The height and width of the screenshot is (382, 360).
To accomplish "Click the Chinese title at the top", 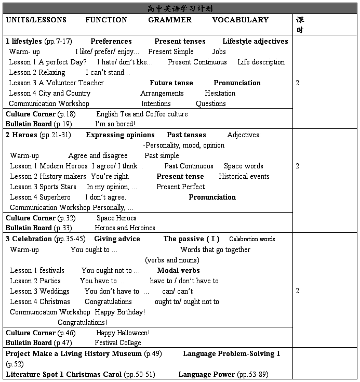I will click(180, 8).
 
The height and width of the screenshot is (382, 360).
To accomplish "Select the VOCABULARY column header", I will click(240, 20).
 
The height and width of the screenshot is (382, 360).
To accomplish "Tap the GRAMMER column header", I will click(170, 20).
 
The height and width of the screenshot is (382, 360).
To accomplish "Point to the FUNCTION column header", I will click(106, 20).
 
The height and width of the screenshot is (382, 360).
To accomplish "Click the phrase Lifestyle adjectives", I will click(255, 41).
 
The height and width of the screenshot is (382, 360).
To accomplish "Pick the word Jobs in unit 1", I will click(219, 51).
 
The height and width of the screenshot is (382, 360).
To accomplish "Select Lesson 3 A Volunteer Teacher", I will click(56, 83).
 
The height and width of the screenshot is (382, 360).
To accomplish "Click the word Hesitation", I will click(220, 93).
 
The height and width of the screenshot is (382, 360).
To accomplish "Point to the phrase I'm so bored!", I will click(115, 124).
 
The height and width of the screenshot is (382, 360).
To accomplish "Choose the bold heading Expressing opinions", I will click(120, 135).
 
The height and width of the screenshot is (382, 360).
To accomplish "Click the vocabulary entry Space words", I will click(243, 166).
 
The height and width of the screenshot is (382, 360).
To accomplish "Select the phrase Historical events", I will click(244, 176).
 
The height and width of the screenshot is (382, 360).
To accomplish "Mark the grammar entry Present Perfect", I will click(180, 187).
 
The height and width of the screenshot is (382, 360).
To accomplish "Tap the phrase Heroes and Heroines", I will click(125, 228).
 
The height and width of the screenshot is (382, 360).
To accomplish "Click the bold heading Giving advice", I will click(117, 239).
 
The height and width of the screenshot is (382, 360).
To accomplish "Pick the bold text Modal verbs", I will click(178, 270).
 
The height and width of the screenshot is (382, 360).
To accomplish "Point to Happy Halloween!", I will click(123, 333).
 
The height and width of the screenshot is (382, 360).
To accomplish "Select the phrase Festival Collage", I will click(117, 343).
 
